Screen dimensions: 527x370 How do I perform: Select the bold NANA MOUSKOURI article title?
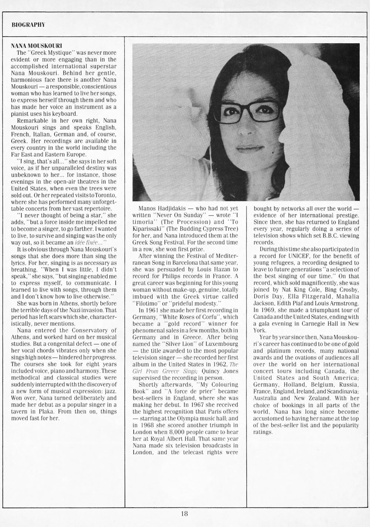36,47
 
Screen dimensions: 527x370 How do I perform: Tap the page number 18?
185,513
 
